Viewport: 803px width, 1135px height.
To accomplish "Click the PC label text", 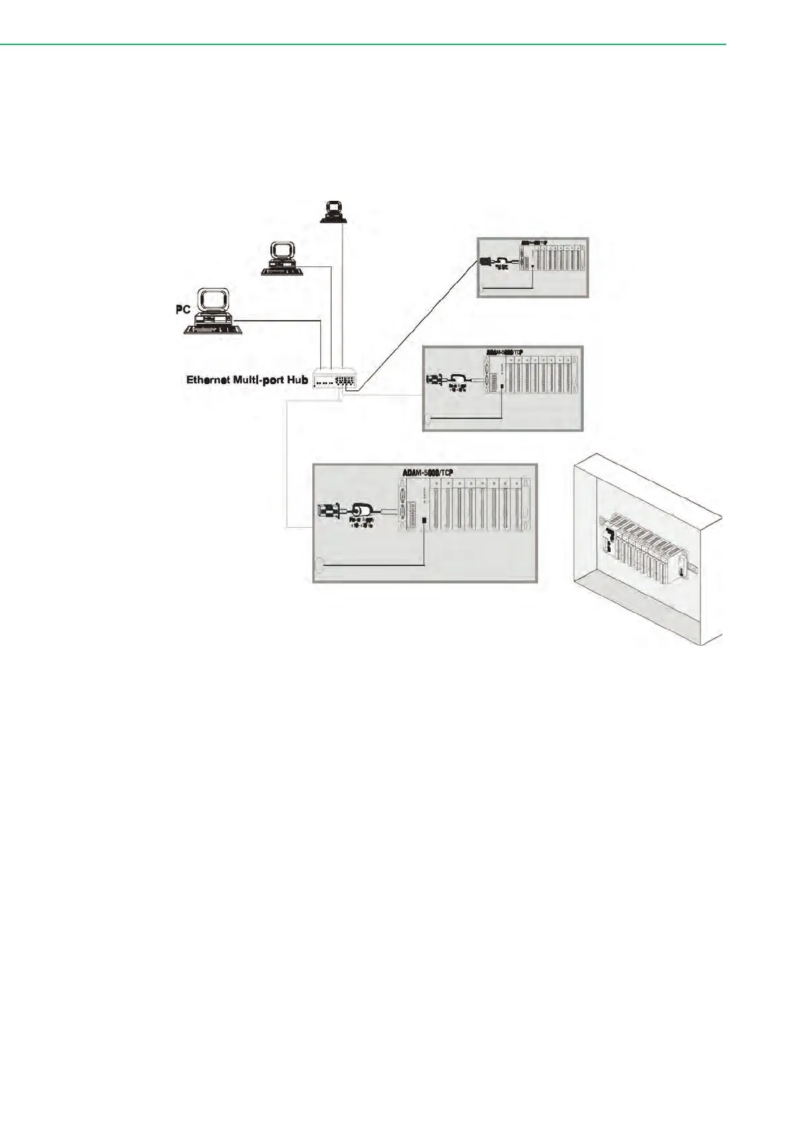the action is pos(182,309).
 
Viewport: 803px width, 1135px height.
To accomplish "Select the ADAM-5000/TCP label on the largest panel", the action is pos(427,472).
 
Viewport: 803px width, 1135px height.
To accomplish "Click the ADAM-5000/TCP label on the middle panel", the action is pos(504,352).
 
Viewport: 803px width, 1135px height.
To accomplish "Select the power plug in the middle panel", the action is pos(433,380).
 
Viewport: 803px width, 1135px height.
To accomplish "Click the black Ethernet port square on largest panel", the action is pos(423,520).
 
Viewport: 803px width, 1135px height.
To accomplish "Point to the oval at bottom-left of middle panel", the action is pos(427,423).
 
